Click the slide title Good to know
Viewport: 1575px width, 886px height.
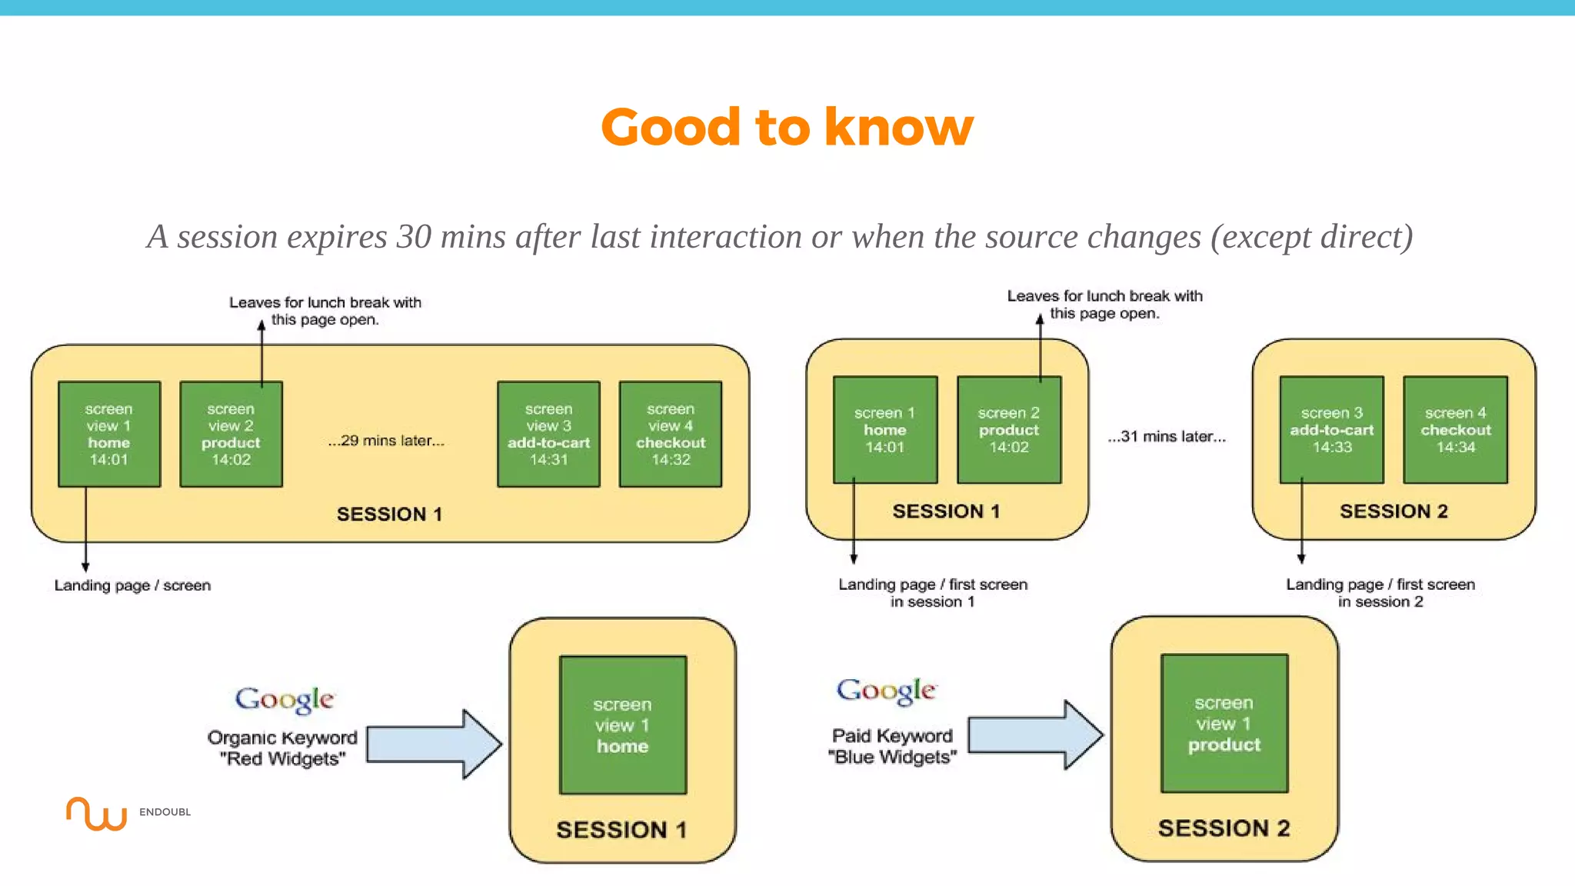(x=787, y=127)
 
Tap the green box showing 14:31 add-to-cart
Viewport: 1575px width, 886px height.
(x=548, y=434)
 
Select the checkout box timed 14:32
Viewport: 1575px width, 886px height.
(x=670, y=434)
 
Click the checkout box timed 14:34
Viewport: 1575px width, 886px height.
(x=1455, y=430)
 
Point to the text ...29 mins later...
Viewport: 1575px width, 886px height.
(x=386, y=441)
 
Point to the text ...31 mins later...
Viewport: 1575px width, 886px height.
(x=1167, y=437)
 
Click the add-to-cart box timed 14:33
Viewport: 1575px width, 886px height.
(x=1331, y=430)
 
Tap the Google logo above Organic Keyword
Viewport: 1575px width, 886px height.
(x=285, y=699)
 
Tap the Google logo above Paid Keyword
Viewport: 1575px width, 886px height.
(x=886, y=691)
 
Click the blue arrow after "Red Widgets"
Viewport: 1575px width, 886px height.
(x=434, y=744)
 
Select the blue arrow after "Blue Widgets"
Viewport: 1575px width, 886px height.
(x=1035, y=735)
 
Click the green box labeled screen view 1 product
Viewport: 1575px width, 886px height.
(x=1224, y=723)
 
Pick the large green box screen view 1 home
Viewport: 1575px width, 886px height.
(x=622, y=724)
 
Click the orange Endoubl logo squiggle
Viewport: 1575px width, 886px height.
(x=96, y=814)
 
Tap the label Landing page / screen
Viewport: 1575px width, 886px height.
(x=132, y=585)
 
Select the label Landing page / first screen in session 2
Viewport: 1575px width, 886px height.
(x=1380, y=593)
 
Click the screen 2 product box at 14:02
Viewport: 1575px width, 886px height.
(x=1008, y=430)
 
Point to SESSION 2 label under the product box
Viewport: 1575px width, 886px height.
(x=1224, y=828)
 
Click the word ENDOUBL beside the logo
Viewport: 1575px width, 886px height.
(x=165, y=812)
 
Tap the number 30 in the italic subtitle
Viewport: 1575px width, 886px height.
(x=414, y=237)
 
